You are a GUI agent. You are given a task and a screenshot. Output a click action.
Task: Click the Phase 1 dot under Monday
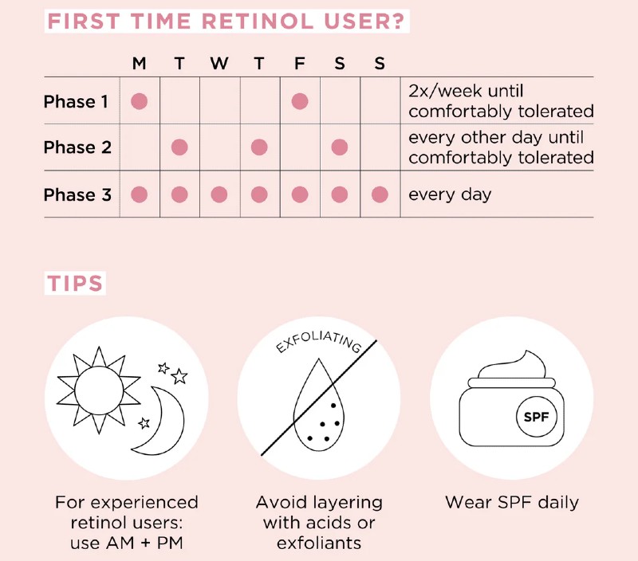[x=140, y=101]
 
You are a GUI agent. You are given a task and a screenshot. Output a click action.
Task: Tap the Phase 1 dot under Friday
[x=300, y=101]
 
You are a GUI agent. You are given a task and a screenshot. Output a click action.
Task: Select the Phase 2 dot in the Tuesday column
[x=179, y=147]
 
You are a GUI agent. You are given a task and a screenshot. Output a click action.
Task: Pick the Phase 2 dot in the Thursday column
[x=259, y=147]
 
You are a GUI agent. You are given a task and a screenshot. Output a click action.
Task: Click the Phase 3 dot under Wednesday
[x=219, y=194]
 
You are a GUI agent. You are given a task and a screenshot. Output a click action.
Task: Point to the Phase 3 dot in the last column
[x=380, y=194]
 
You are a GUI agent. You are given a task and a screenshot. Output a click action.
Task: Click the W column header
[x=219, y=64]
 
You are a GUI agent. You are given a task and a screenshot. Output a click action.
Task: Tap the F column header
[x=300, y=64]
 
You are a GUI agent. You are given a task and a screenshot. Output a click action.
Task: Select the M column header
[x=140, y=64]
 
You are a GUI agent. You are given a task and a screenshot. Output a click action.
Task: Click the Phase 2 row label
[x=77, y=147]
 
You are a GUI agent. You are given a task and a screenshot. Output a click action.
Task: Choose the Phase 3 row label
[x=77, y=194]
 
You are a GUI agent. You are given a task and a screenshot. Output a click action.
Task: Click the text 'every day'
[x=450, y=194]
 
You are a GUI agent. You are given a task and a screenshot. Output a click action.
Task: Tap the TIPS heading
[x=76, y=284]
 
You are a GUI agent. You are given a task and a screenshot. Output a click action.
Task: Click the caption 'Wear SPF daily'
[x=511, y=503]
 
